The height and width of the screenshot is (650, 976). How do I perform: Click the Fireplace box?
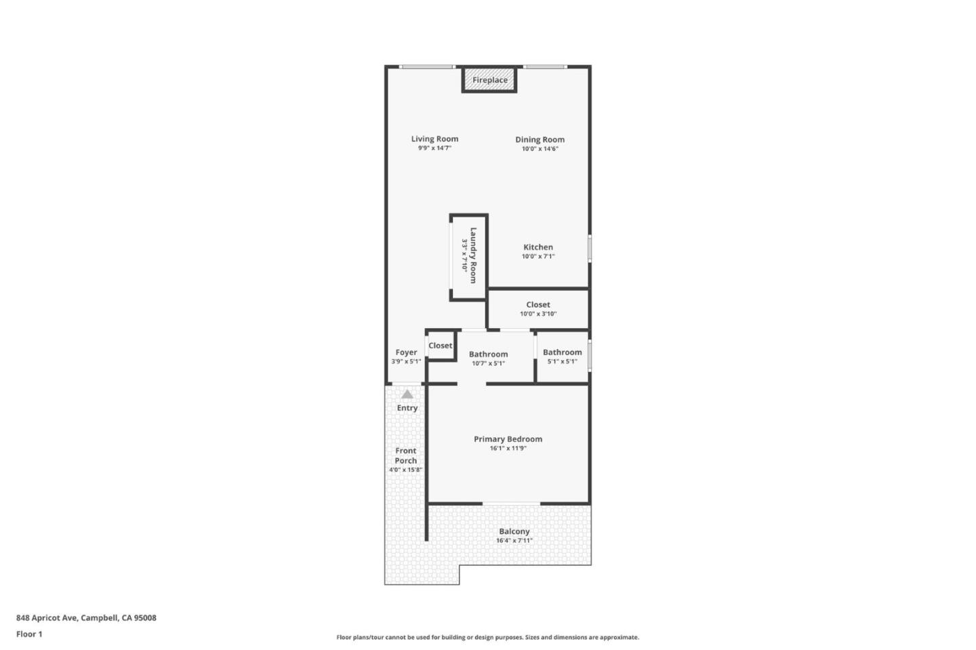tap(489, 80)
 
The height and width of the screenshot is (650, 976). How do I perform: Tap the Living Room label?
tap(434, 139)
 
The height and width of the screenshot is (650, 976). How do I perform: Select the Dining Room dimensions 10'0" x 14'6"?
tap(540, 149)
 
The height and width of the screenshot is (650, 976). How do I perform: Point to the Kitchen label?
tap(538, 247)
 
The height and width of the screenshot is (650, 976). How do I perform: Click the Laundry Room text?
tap(473, 255)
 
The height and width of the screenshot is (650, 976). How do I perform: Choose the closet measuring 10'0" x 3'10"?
tap(538, 309)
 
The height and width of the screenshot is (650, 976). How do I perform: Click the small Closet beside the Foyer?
tap(440, 346)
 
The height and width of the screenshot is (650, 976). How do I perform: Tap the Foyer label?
tap(406, 352)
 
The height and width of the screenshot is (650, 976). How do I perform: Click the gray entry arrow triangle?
tap(407, 394)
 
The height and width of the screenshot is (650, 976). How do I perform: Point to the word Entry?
tap(407, 408)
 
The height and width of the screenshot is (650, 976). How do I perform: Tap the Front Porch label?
tap(406, 455)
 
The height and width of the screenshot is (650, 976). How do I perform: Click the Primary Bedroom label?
tap(508, 439)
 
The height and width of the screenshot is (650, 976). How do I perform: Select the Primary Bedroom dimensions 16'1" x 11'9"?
tap(508, 448)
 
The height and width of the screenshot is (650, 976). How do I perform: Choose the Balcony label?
tap(514, 531)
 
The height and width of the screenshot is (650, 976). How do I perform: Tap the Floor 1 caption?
tap(29, 634)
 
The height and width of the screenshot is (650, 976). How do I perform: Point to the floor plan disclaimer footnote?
tap(487, 637)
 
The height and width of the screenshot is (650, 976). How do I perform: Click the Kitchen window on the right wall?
tap(590, 248)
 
